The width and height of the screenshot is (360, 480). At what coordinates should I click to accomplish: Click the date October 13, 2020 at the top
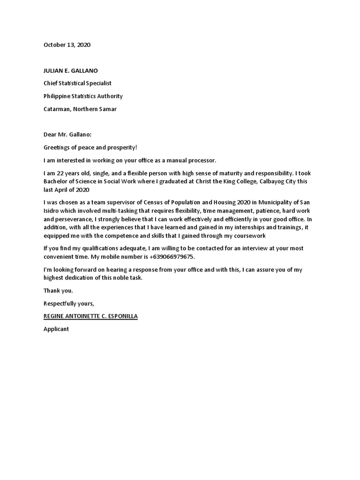pos(67,45)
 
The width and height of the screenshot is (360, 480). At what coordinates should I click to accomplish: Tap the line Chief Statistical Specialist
pos(77,83)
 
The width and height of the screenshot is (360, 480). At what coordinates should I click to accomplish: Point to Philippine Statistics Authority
pos(83,96)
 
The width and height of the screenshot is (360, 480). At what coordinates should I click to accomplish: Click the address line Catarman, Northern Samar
pos(80,109)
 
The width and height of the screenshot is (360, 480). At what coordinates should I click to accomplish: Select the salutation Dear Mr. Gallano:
pos(67,135)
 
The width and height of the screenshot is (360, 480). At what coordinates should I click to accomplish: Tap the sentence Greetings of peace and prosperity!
pos(90,148)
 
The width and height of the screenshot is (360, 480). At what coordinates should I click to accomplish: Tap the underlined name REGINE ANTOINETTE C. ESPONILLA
pos(90,316)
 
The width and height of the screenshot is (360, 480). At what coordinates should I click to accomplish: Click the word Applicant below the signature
pos(56,329)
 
